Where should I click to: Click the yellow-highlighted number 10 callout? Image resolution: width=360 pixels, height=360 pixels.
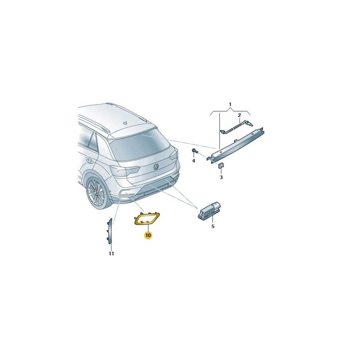148,235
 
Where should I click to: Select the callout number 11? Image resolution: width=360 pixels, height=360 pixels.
111,254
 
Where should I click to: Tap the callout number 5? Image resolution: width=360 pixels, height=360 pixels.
213,226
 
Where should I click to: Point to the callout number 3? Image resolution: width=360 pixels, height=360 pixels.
221,177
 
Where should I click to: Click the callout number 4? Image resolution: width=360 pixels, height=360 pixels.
193,161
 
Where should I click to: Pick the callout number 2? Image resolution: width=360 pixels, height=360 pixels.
239,115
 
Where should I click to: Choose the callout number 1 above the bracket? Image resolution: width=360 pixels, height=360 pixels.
230,105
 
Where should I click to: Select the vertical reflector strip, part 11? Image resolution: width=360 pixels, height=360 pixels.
110,231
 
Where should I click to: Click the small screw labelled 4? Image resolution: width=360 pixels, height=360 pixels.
194,151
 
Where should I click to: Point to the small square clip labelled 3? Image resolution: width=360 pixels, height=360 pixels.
221,166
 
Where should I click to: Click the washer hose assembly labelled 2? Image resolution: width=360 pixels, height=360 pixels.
237,127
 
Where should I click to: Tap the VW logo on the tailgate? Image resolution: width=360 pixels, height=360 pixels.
156,167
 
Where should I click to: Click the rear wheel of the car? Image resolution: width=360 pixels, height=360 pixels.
97,193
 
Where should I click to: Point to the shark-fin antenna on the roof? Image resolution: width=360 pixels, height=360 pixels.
125,123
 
